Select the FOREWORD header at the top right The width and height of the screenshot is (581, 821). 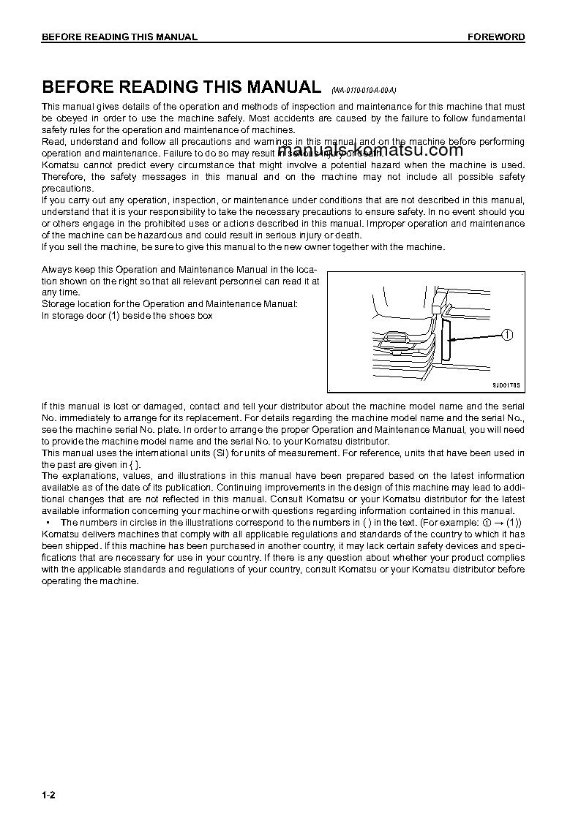click(496, 37)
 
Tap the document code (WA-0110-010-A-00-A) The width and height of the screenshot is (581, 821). click(363, 90)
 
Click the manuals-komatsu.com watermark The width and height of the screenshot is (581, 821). click(371, 151)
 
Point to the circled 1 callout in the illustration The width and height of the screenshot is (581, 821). click(507, 335)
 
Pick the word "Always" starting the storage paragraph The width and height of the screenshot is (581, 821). click(56, 269)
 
